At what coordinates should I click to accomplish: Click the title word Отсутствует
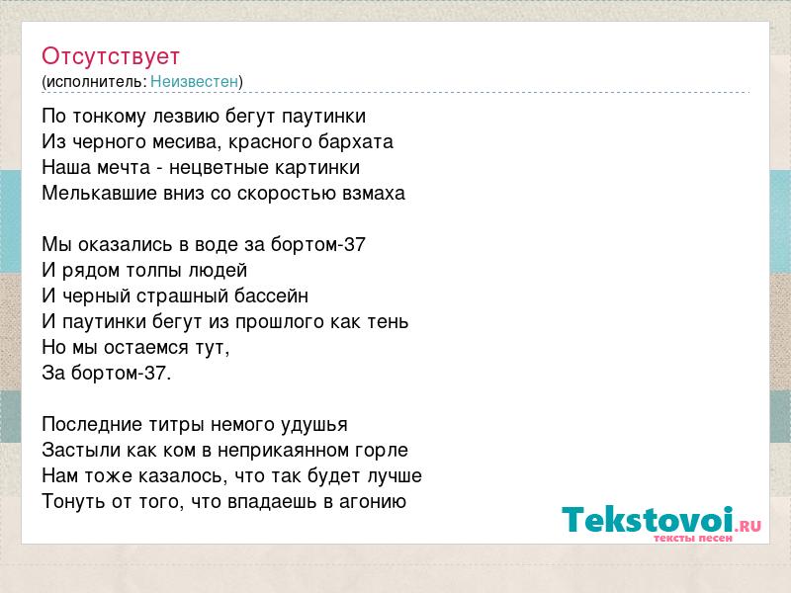coord(111,56)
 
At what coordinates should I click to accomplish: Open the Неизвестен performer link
coord(194,81)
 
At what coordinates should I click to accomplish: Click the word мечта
coord(124,167)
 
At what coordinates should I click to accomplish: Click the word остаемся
coord(145,348)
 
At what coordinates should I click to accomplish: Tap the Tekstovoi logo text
coord(648,520)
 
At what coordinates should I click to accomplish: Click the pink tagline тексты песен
coord(693,538)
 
